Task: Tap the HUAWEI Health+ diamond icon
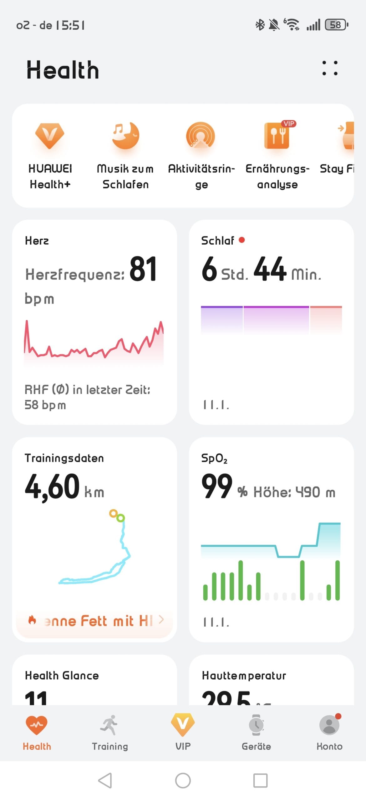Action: [50, 135]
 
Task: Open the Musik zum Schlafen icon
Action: [125, 135]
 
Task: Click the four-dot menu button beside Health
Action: [330, 68]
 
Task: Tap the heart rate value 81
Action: [143, 269]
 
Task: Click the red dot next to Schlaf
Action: [241, 240]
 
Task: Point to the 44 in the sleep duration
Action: [270, 269]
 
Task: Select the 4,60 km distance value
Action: [52, 487]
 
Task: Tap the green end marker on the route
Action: [120, 518]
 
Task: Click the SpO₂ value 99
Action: [217, 486]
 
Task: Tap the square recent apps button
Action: [260, 780]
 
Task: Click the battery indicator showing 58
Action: [336, 25]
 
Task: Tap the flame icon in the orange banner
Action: [32, 620]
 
